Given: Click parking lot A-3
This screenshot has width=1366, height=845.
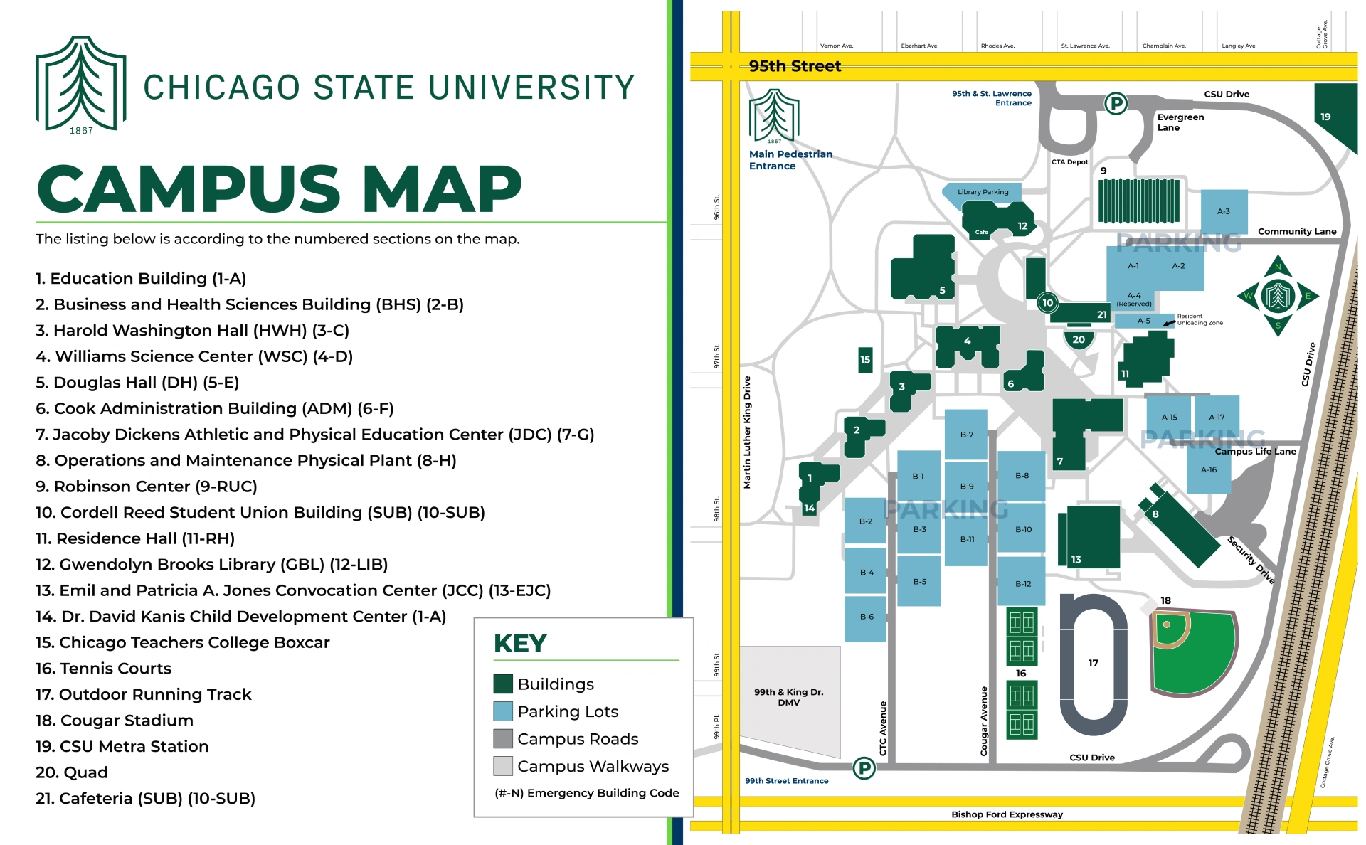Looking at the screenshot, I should click(x=1223, y=211).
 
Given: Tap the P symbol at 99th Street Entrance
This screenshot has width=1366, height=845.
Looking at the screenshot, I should click(x=864, y=768).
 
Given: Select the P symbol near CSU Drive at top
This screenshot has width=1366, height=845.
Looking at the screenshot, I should click(x=1116, y=104).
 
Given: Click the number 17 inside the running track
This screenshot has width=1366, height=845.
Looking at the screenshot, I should click(x=1093, y=663).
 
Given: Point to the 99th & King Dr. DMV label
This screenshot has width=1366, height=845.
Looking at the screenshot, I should click(x=788, y=697).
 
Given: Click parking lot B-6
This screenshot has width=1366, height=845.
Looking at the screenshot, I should click(x=866, y=617).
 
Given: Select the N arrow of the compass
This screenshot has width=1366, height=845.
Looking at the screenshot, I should click(x=1278, y=267).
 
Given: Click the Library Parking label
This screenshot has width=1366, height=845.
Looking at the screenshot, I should click(x=983, y=192).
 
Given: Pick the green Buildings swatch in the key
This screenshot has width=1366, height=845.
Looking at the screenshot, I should click(x=503, y=684).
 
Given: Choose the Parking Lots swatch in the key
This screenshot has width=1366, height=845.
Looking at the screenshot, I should click(x=503, y=711).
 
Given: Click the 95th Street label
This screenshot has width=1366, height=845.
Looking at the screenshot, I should click(x=795, y=66).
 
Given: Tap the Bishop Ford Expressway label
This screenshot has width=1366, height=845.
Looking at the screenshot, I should click(x=1007, y=814).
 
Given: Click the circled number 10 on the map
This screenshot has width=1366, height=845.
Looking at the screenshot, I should click(x=1047, y=303).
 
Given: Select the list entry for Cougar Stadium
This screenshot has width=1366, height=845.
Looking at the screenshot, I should click(x=115, y=721).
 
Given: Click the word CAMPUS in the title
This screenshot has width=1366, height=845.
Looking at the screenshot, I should click(x=189, y=189).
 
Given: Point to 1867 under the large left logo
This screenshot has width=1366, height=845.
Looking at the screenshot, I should click(x=81, y=131).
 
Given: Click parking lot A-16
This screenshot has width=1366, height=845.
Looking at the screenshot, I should click(x=1208, y=470).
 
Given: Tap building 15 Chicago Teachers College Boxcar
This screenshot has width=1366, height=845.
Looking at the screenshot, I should click(x=865, y=360).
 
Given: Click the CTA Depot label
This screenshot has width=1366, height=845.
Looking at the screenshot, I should click(x=1069, y=162).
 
